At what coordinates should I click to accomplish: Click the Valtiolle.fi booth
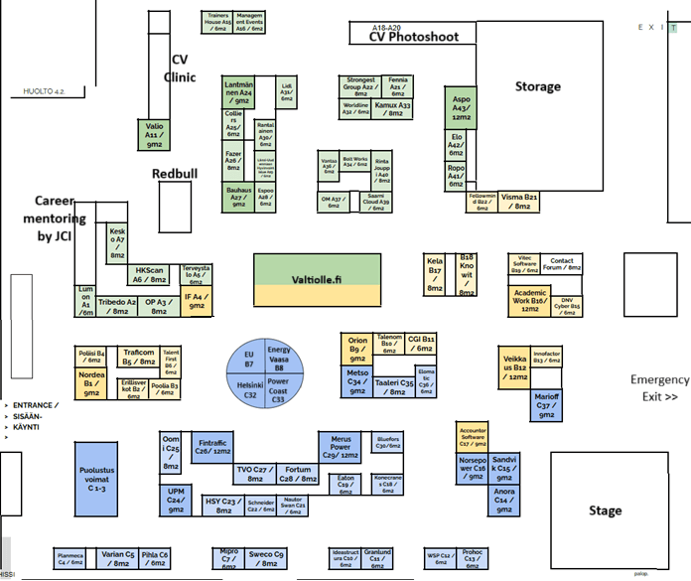coord(317,280)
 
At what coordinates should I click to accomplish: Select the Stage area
coord(605,510)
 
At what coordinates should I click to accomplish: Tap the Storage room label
coord(537,87)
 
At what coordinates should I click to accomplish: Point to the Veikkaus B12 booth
coord(517,365)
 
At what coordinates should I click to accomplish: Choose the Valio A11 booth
coord(154,135)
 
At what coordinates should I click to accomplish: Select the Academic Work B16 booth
coord(530,300)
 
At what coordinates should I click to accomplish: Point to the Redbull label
coord(175,174)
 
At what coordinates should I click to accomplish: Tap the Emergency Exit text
coord(659,387)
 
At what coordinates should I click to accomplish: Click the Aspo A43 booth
coord(461,107)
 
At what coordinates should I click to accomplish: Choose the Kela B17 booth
coord(435,275)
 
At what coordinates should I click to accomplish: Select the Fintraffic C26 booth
coord(214,445)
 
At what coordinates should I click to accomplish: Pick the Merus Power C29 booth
coord(339,447)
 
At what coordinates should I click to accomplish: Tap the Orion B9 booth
coord(356,348)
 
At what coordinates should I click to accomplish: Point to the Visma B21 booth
coord(519,202)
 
